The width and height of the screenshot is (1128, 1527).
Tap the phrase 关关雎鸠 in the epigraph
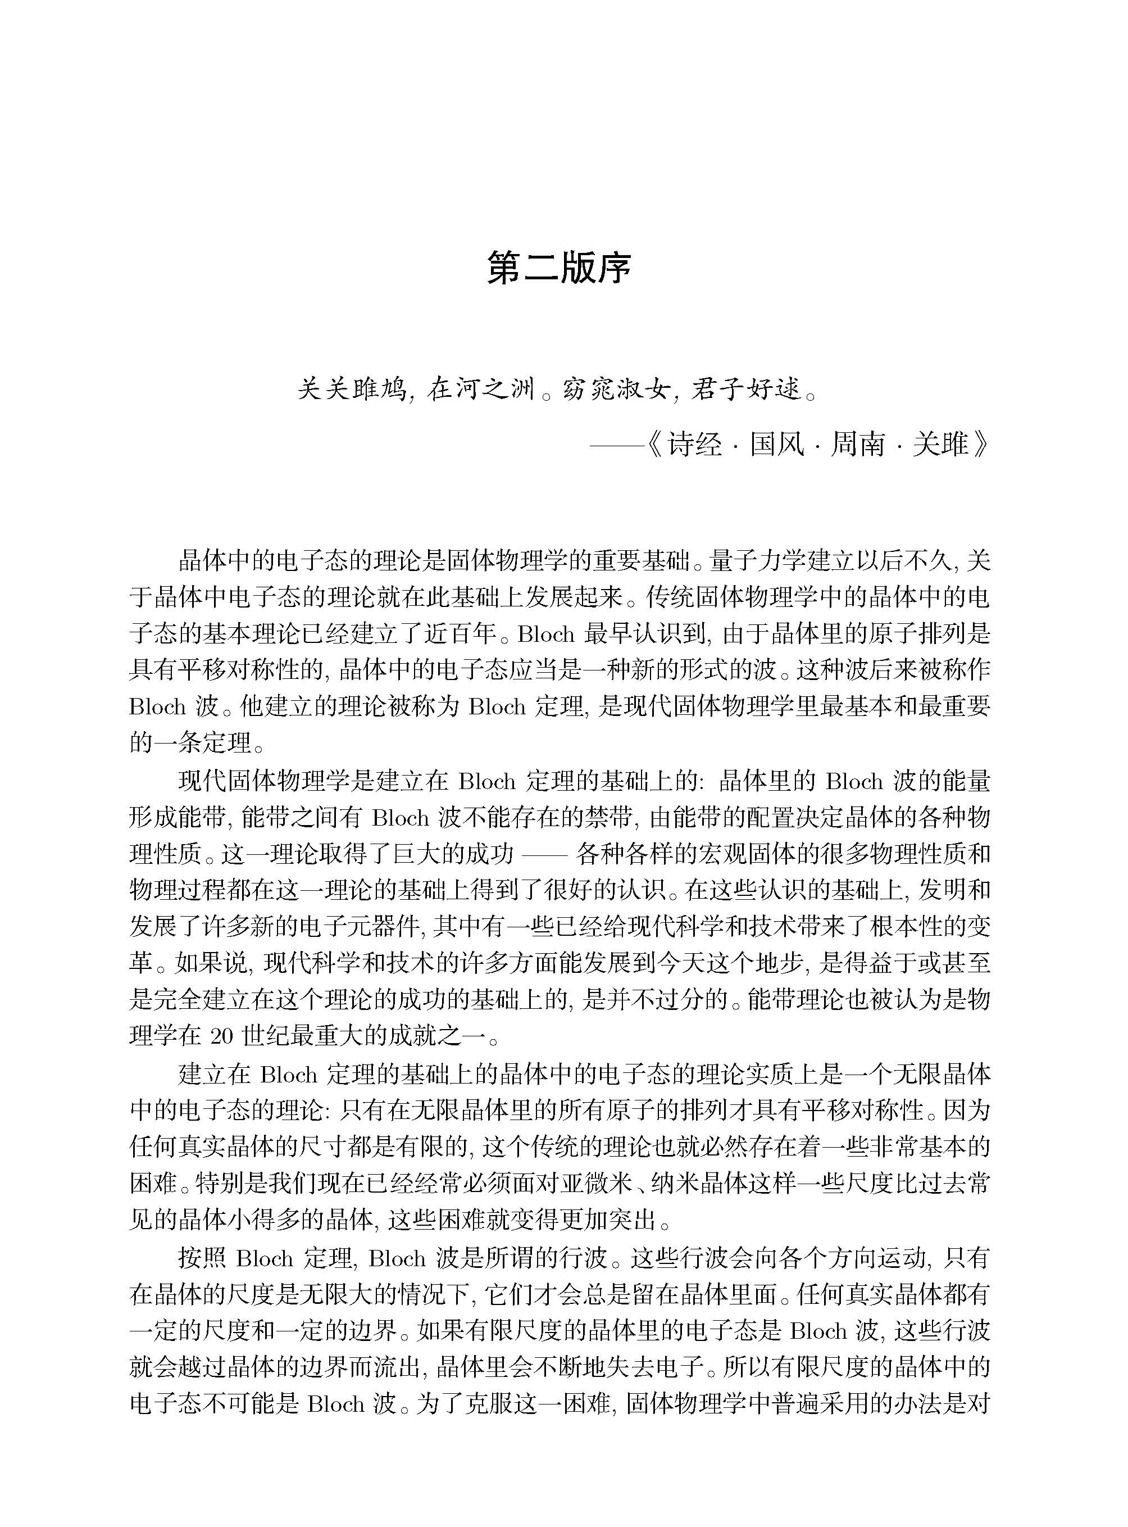click(351, 389)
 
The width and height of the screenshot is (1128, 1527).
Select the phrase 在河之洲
click(481, 389)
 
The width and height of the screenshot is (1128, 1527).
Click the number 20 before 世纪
click(222, 1036)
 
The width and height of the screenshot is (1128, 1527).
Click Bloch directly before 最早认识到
click(545, 635)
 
